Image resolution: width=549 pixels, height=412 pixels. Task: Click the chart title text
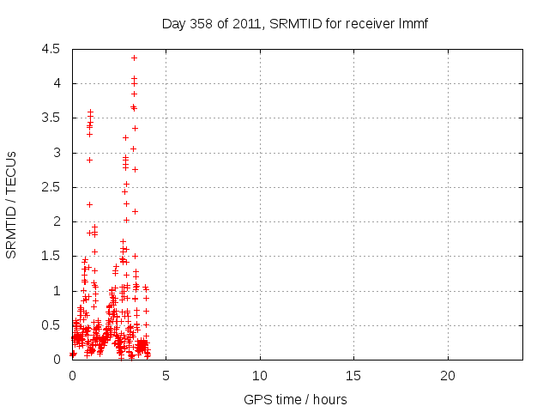tap(294, 23)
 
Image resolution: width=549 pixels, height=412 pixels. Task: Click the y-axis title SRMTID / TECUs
tap(12, 204)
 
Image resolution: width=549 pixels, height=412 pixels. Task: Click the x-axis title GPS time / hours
tap(294, 399)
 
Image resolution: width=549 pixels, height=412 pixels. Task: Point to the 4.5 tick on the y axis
tap(51, 49)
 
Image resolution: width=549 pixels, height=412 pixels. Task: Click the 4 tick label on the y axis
tap(57, 83)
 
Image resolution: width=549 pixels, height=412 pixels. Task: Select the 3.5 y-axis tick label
tap(51, 118)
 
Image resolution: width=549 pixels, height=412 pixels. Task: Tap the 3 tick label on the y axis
tap(57, 153)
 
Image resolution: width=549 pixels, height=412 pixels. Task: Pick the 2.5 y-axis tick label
tap(51, 187)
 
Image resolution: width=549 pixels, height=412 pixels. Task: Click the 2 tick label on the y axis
tap(57, 221)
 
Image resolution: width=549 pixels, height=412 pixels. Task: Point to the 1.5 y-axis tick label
tap(51, 256)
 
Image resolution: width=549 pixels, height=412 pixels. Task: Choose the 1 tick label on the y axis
tap(57, 291)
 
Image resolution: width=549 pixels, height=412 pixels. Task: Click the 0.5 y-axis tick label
tap(51, 325)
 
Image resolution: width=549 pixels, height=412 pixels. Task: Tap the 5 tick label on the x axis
tap(166, 376)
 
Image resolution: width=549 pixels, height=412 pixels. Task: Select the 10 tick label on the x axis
tap(260, 376)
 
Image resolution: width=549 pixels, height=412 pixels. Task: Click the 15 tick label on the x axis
tap(353, 376)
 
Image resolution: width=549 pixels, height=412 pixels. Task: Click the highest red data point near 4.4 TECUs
tap(134, 58)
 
